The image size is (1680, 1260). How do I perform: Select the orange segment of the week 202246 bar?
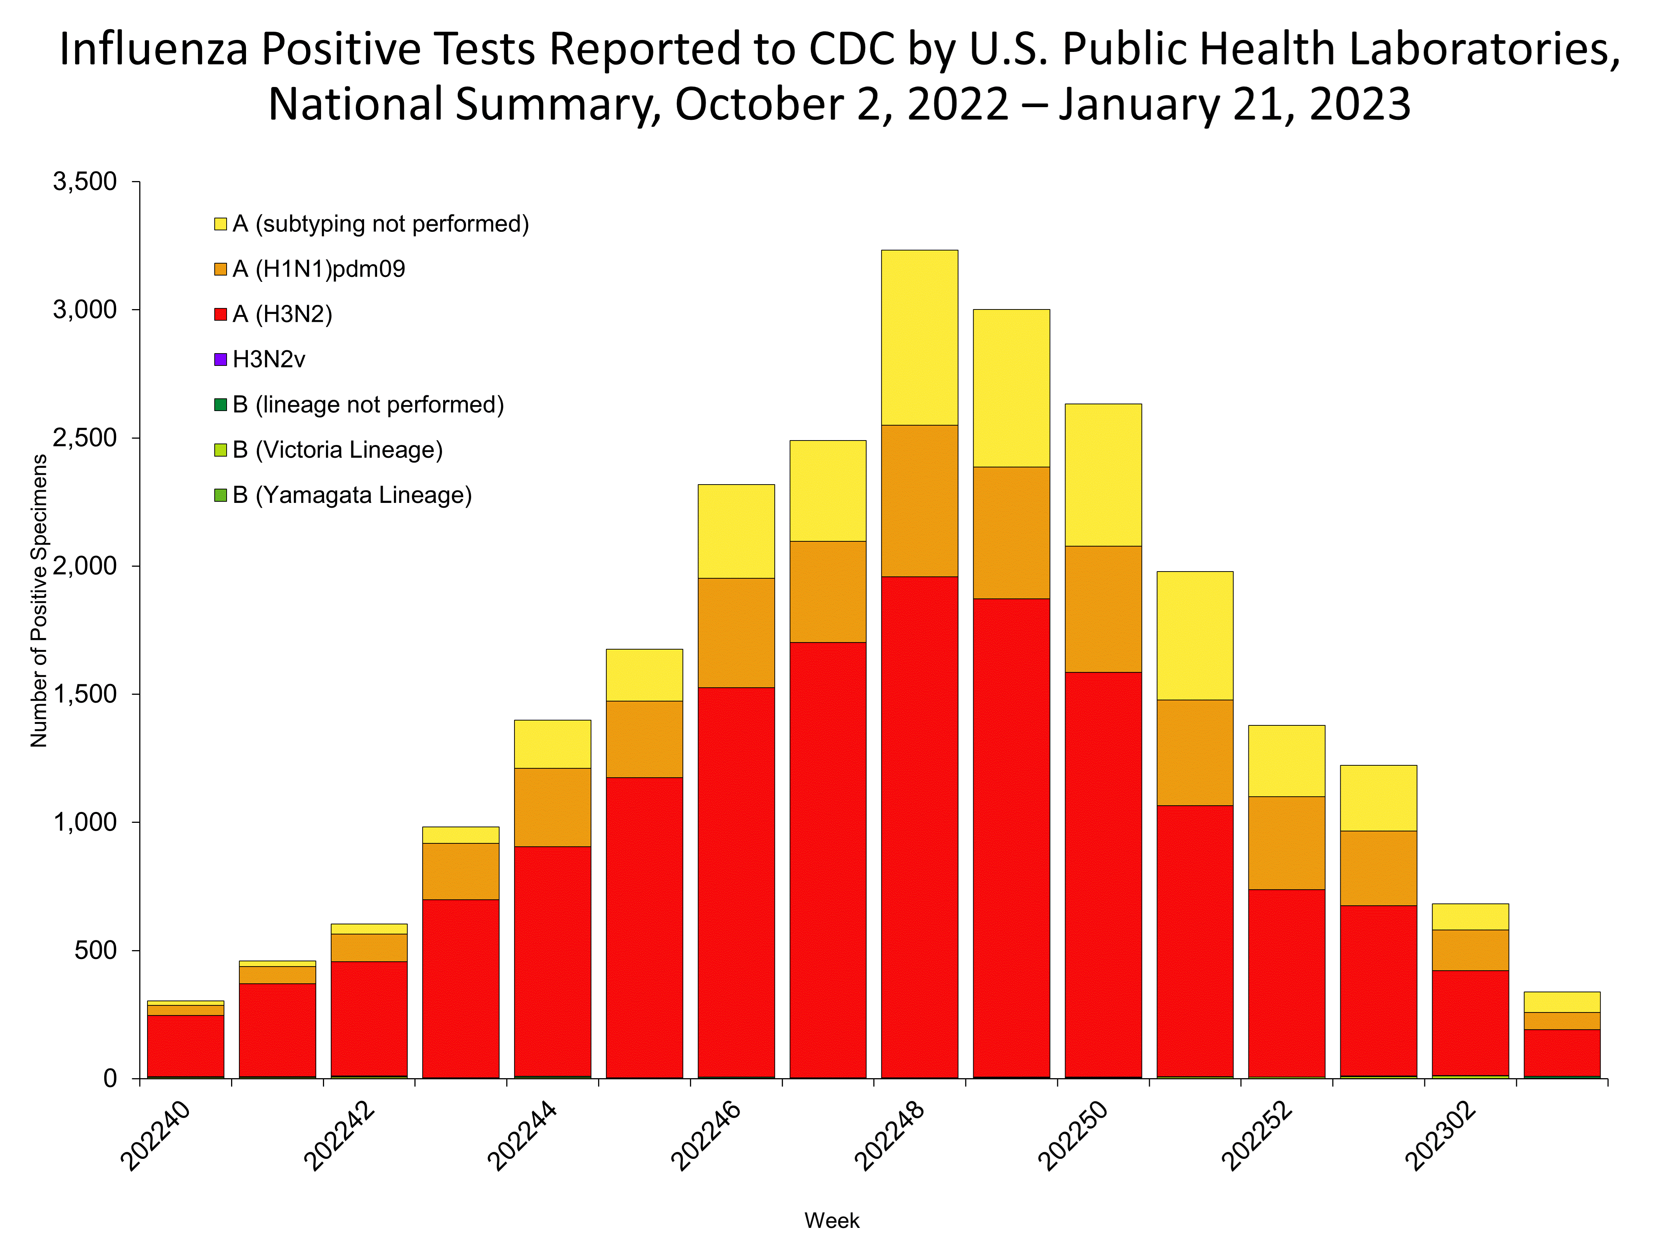tap(736, 633)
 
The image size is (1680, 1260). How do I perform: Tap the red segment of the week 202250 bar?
tap(1103, 874)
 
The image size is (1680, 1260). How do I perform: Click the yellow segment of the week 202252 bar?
tap(1287, 761)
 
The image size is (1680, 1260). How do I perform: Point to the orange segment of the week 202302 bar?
tap(1469, 950)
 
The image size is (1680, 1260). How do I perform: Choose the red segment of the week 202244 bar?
tap(552, 961)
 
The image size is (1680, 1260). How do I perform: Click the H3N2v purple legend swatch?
tap(220, 359)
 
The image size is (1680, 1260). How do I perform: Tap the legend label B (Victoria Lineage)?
tap(337, 449)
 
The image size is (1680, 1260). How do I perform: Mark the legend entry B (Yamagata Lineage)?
tap(352, 495)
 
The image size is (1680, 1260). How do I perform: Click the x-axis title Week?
tap(832, 1220)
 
